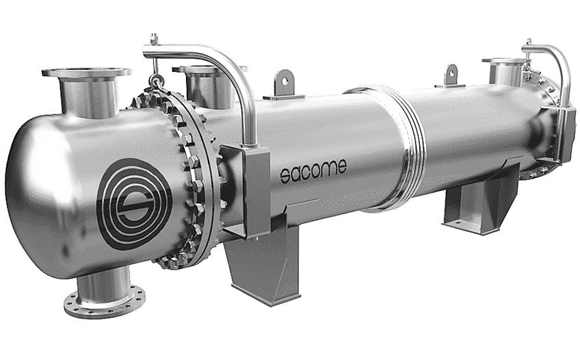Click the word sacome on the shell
tap(313, 169)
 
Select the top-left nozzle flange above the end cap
tap(86, 73)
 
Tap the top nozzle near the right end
tap(505, 70)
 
